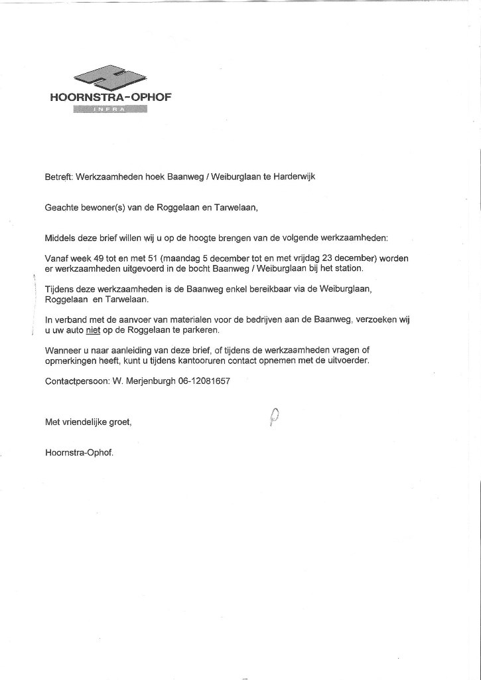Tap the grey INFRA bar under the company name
110,110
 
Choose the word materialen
178,320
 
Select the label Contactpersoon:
74,382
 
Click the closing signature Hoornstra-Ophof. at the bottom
79,454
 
